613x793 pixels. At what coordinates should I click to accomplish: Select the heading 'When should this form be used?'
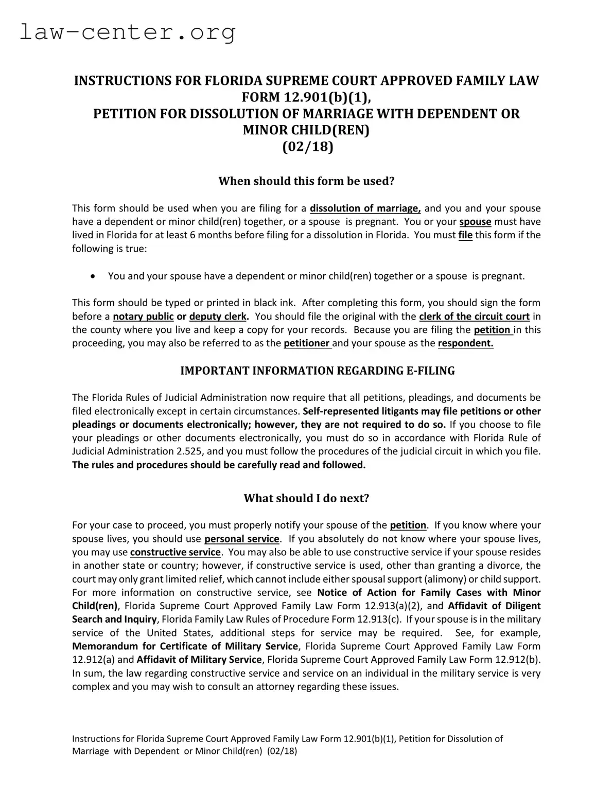pyautogui.click(x=306, y=181)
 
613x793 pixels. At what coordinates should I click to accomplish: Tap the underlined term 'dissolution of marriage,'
pyautogui.click(x=365, y=208)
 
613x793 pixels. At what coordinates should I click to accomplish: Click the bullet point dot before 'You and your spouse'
pyautogui.click(x=92, y=276)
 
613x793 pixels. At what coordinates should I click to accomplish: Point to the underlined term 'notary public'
pyautogui.click(x=143, y=316)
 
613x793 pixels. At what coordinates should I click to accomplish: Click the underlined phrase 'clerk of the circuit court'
pyautogui.click(x=474, y=316)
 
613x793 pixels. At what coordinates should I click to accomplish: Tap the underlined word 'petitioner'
pyautogui.click(x=307, y=343)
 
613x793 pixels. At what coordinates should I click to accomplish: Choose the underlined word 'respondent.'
pyautogui.click(x=465, y=343)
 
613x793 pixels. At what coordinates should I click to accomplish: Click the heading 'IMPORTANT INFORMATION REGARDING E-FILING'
pyautogui.click(x=318, y=371)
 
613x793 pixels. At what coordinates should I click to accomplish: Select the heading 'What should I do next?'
pyautogui.click(x=306, y=498)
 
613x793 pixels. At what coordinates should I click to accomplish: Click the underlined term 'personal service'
pyautogui.click(x=242, y=539)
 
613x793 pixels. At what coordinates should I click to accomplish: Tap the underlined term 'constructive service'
pyautogui.click(x=175, y=552)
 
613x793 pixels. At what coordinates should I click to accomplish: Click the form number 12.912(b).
pyautogui.click(x=517, y=660)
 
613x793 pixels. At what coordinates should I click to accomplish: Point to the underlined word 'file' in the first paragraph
pyautogui.click(x=465, y=235)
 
